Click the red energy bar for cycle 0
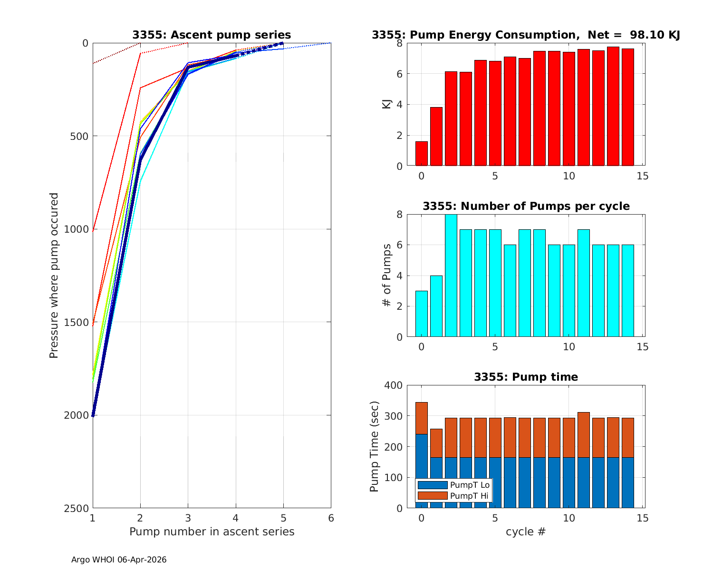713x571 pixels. tap(422, 154)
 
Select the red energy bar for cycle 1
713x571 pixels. tap(436, 137)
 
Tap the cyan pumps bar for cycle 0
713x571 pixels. tap(422, 314)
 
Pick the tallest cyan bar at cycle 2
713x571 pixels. tap(451, 276)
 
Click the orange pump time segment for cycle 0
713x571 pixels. tap(422, 418)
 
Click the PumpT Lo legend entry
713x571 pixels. tap(453, 485)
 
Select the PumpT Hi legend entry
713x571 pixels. tap(453, 495)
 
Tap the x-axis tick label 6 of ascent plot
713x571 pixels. tap(331, 518)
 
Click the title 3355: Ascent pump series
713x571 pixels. tap(212, 35)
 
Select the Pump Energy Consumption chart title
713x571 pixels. tap(526, 35)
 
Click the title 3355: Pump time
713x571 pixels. tap(526, 377)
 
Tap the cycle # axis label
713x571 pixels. tap(526, 532)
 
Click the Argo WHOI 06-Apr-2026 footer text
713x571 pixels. tap(119, 560)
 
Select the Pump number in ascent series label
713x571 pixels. tap(212, 532)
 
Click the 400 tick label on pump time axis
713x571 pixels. tap(393, 385)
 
